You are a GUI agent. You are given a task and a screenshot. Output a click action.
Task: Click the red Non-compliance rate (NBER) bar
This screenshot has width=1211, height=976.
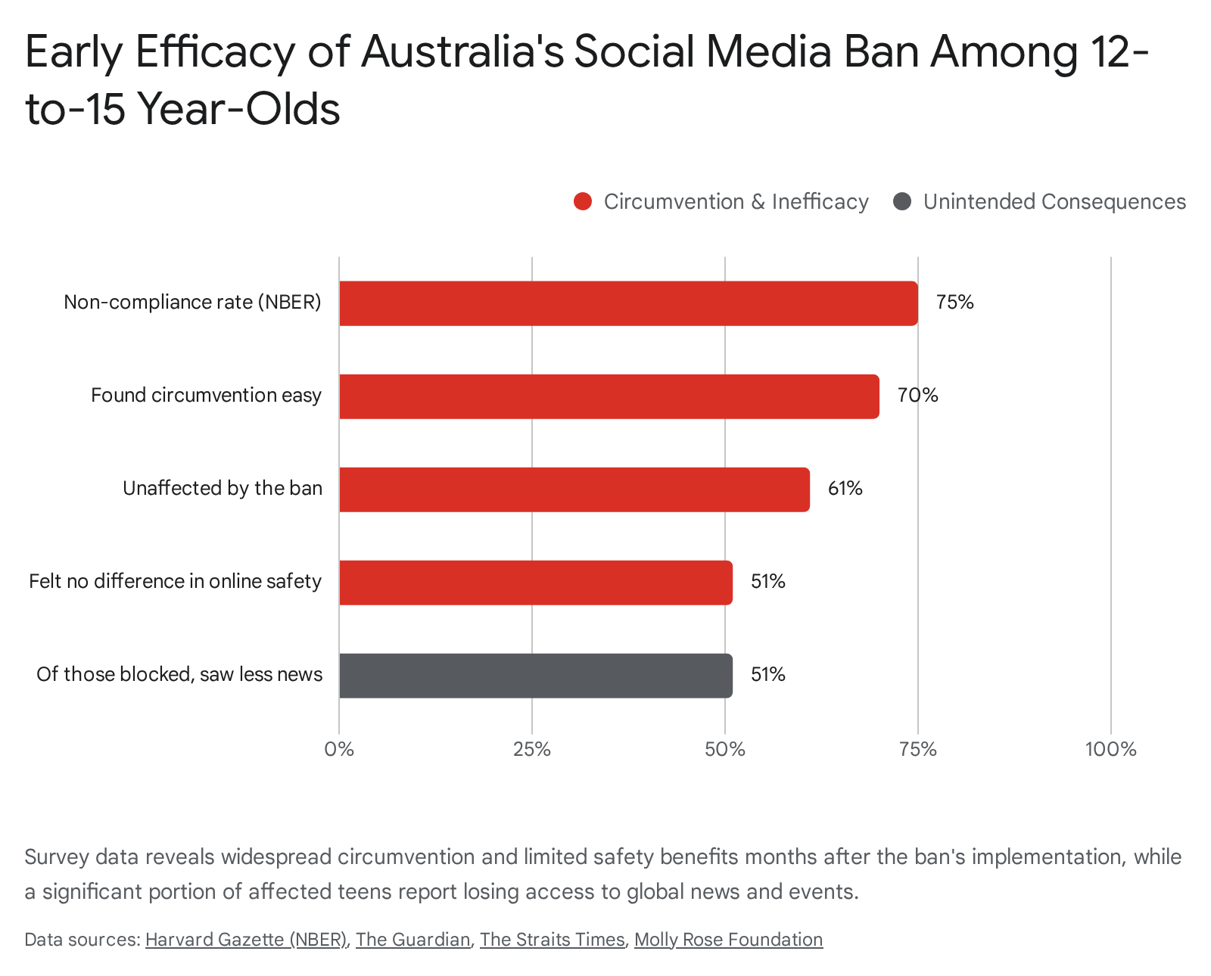pyautogui.click(x=628, y=303)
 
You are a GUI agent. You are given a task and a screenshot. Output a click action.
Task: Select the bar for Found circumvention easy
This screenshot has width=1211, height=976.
pyautogui.click(x=609, y=396)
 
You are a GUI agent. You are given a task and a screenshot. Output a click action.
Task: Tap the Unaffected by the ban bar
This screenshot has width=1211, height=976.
pyautogui.click(x=574, y=490)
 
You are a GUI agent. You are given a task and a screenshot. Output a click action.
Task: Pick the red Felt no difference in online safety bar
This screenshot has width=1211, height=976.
pyautogui.click(x=536, y=583)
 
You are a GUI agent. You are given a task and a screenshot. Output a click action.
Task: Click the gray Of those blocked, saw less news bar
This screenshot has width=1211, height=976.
pyautogui.click(x=536, y=676)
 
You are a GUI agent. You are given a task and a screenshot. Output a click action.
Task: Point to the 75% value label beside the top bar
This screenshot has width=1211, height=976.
pyautogui.click(x=954, y=302)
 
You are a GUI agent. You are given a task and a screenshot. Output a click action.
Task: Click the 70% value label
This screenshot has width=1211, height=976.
pyautogui.click(x=917, y=396)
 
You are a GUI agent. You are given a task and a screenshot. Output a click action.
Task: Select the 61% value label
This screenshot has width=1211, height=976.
pyautogui.click(x=845, y=488)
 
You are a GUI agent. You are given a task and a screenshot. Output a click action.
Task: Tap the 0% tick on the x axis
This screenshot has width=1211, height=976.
pyautogui.click(x=339, y=749)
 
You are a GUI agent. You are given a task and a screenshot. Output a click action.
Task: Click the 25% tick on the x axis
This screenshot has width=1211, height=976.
pyautogui.click(x=532, y=749)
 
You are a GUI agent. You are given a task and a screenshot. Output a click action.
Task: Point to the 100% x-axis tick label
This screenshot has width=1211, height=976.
pyautogui.click(x=1111, y=749)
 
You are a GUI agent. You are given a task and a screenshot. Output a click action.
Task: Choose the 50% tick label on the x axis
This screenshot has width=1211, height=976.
pyautogui.click(x=725, y=749)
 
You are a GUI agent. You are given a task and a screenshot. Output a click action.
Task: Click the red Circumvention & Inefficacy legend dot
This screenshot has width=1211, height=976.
pyautogui.click(x=583, y=201)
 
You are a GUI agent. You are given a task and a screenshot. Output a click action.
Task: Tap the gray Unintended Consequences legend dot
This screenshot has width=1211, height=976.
pyautogui.click(x=902, y=201)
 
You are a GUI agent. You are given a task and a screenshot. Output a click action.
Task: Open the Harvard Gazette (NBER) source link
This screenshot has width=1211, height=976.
pyautogui.click(x=247, y=940)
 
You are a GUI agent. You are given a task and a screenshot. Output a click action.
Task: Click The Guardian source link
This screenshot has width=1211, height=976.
pyautogui.click(x=413, y=940)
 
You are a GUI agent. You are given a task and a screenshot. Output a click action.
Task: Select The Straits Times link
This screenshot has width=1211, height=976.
pyautogui.click(x=552, y=940)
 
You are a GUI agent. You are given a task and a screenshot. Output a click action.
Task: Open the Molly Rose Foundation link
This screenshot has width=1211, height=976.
pyautogui.click(x=728, y=940)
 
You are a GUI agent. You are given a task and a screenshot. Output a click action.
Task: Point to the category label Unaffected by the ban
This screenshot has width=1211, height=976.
pyautogui.click(x=223, y=488)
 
